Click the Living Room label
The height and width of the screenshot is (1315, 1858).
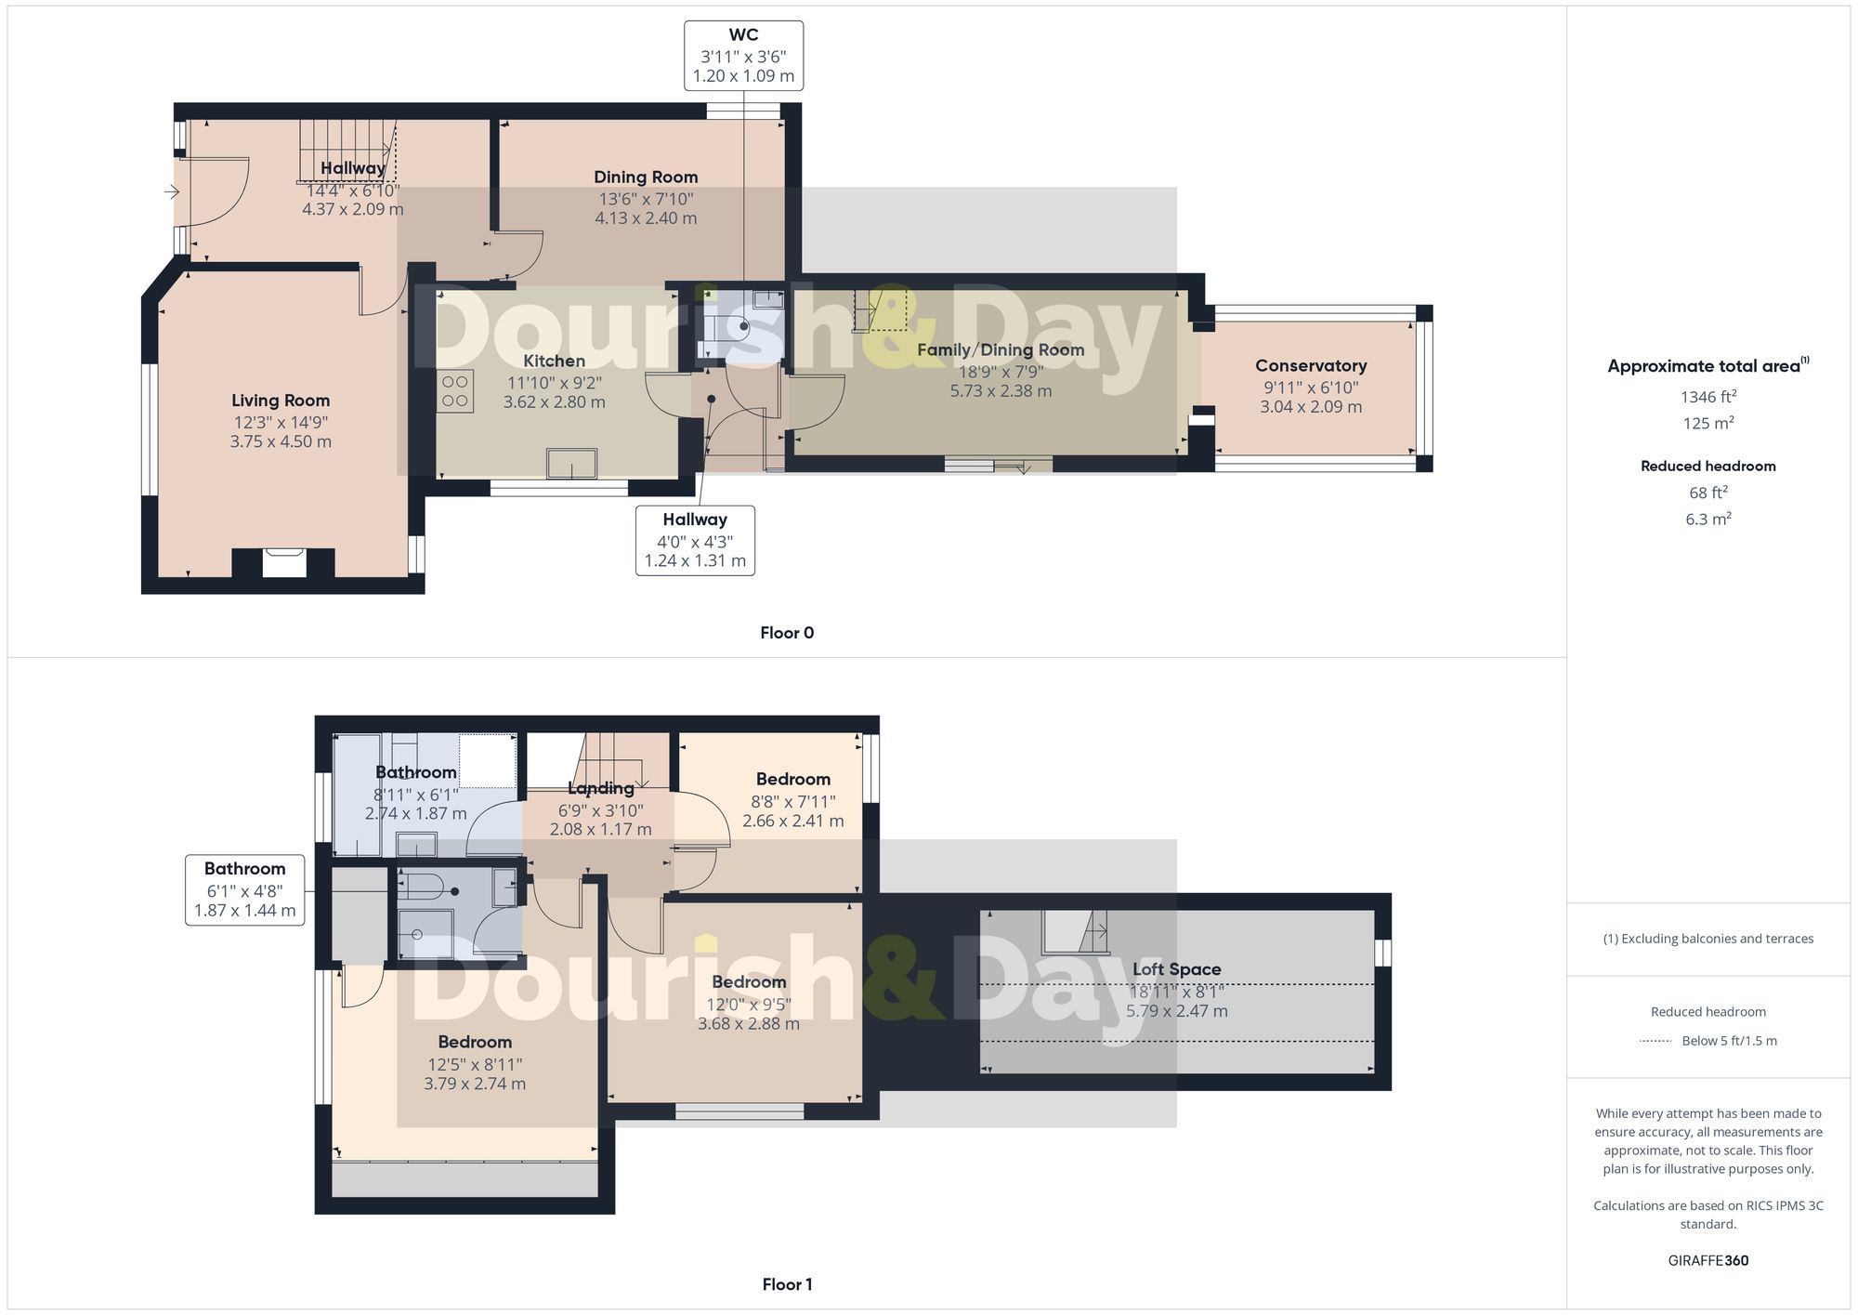[x=281, y=401]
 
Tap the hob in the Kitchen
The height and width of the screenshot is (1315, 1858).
[x=455, y=391]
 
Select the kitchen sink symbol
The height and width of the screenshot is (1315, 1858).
[x=571, y=463]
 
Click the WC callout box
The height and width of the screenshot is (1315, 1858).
[x=743, y=56]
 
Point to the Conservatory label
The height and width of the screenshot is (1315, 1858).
[x=1311, y=366]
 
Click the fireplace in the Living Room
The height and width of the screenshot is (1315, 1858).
[x=283, y=563]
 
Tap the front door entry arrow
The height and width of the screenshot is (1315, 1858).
[x=172, y=192]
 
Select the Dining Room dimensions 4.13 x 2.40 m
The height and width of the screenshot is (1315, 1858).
[x=646, y=218]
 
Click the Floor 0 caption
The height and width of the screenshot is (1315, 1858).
[x=787, y=633]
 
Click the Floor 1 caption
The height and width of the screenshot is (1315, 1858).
[x=787, y=1284]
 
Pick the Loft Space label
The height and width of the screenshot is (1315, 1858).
[x=1176, y=969]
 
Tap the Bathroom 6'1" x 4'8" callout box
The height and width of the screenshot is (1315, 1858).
[x=245, y=890]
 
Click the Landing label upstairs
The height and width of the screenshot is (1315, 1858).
[x=601, y=788]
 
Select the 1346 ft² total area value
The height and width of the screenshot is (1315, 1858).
[x=1708, y=397]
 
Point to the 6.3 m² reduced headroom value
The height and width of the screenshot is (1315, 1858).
[x=1708, y=519]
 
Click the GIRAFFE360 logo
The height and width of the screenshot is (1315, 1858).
[x=1708, y=1260]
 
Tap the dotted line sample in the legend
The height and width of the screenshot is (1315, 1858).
[x=1656, y=1041]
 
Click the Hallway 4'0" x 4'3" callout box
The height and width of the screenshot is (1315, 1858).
[x=695, y=541]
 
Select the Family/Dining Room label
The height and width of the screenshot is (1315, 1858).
[x=1001, y=350]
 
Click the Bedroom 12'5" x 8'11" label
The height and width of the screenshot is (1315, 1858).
[x=475, y=1043]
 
